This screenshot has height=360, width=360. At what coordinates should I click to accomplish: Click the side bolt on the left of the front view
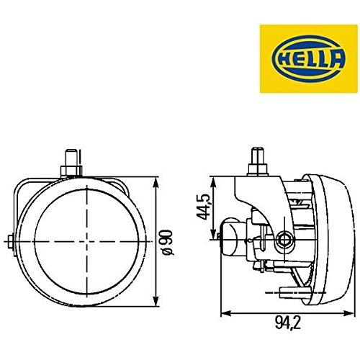point(9,240)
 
